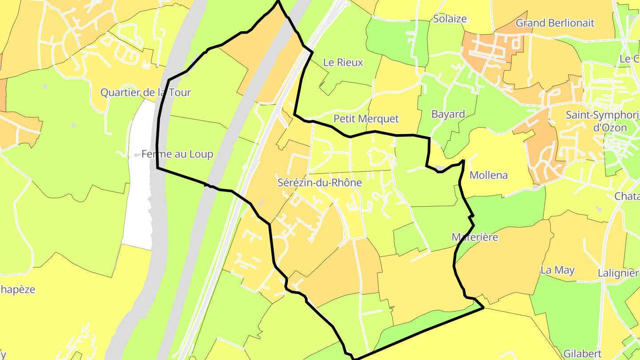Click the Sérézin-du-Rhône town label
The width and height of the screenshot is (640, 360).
(320, 183)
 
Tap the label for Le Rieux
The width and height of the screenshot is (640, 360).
(343, 63)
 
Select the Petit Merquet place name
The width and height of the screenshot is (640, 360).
(366, 119)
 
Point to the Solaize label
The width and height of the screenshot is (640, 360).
(450, 19)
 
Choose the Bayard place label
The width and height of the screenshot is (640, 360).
(448, 114)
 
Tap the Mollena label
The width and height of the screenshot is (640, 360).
(488, 175)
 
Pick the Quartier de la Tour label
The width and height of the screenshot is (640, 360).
(145, 92)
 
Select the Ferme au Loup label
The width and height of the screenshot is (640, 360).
(177, 154)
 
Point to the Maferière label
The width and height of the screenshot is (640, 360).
(475, 237)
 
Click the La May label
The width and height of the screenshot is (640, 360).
(557, 270)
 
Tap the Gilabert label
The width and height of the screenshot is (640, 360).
(582, 354)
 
